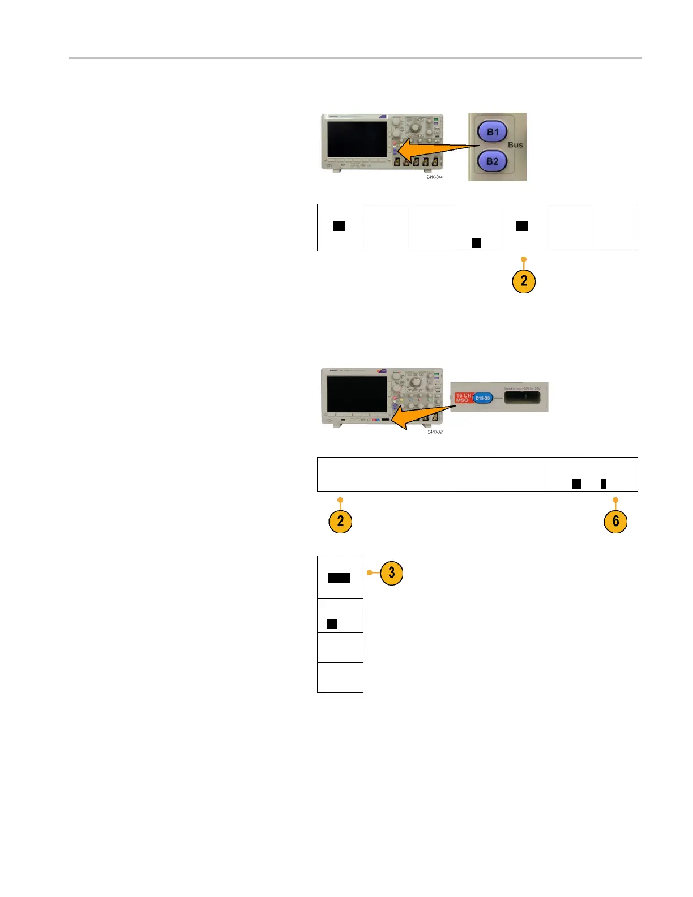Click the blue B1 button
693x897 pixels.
point(493,132)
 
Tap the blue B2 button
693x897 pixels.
point(493,161)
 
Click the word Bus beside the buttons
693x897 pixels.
point(515,145)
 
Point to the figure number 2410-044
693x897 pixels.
point(435,177)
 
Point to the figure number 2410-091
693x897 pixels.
point(435,432)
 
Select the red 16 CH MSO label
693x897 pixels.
point(463,398)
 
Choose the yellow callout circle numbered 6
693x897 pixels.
point(615,521)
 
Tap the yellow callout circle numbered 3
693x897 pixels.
point(391,573)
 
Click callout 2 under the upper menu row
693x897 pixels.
point(524,281)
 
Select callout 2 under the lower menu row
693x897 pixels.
point(340,521)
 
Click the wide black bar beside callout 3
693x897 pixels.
point(339,578)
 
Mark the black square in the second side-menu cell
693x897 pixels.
point(332,623)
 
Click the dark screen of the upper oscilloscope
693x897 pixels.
point(357,139)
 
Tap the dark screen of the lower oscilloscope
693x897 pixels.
point(357,394)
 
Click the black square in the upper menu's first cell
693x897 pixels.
point(339,226)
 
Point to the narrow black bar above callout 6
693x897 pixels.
point(604,483)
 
